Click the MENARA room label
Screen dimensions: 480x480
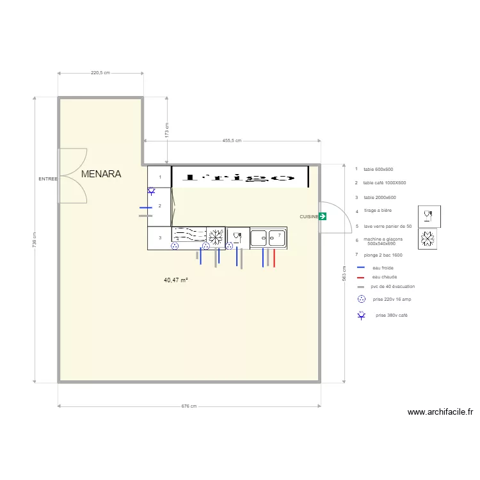[x=101, y=173]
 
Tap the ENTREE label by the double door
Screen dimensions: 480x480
[x=48, y=179]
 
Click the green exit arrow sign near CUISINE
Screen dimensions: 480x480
[x=322, y=217]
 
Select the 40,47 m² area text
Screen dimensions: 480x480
[x=176, y=280]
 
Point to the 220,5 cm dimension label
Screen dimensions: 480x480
[x=100, y=73]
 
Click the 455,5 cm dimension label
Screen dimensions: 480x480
[x=231, y=140]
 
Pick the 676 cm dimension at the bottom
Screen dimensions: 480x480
[x=188, y=406]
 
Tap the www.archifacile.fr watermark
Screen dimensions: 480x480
[x=440, y=413]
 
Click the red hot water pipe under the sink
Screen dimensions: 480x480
[x=274, y=258]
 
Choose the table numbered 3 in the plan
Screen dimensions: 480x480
[x=159, y=238]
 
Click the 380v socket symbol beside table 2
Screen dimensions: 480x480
[x=151, y=191]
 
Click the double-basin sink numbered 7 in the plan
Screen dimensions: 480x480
[x=269, y=238]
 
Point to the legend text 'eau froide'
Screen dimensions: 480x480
[x=383, y=268]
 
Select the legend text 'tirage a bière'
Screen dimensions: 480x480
[x=378, y=211]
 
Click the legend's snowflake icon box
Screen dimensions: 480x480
[x=428, y=239]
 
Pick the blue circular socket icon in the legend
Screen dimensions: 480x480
[x=361, y=299]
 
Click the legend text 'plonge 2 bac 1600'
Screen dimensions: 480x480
[x=382, y=255]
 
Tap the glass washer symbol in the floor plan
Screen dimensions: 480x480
[x=237, y=237]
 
